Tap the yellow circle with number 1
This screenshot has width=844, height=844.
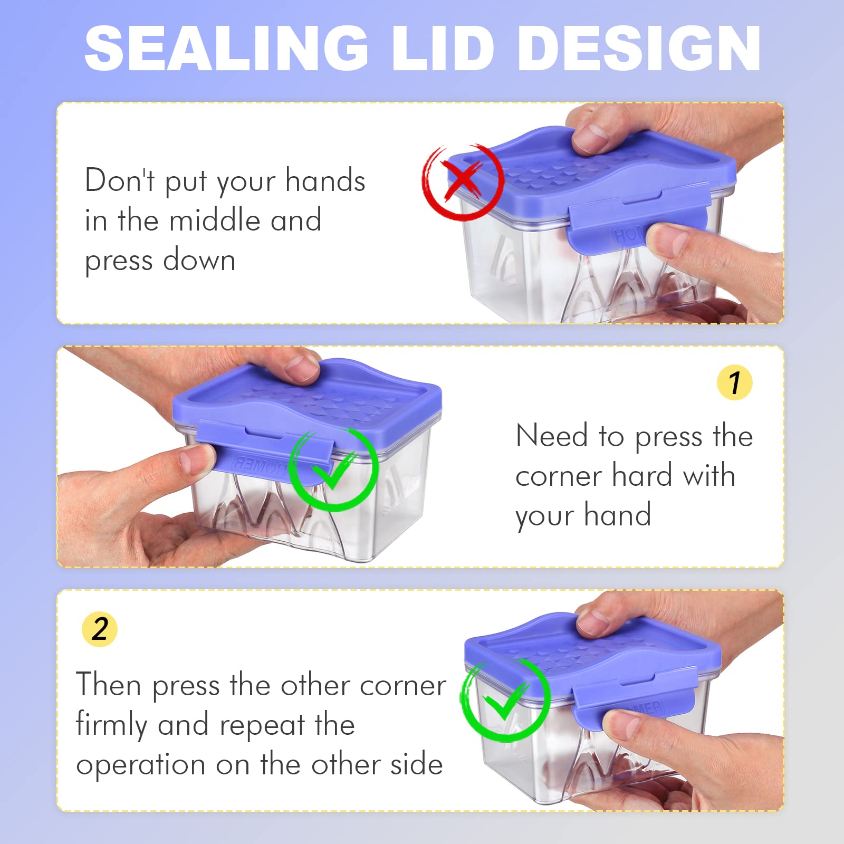[735, 382]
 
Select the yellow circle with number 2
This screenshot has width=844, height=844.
[100, 629]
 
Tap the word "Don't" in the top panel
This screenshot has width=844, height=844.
[120, 180]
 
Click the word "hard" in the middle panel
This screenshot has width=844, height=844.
[642, 475]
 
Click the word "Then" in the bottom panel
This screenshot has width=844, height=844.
[109, 685]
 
